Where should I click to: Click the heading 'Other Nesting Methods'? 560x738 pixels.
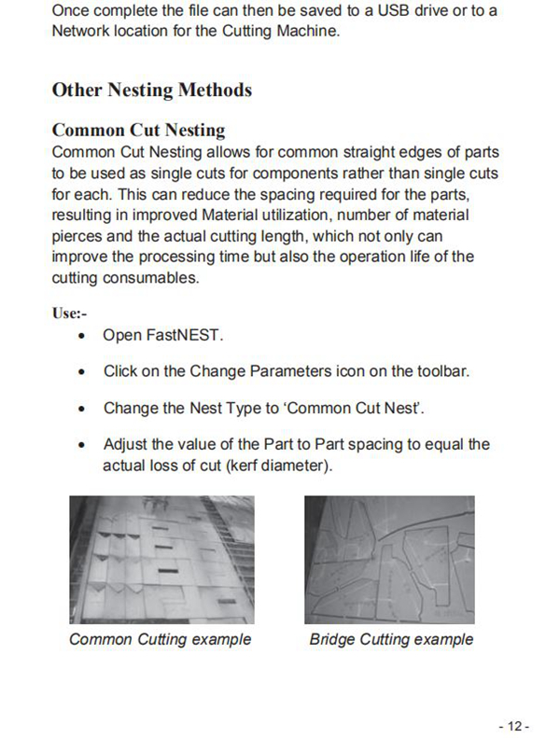151,90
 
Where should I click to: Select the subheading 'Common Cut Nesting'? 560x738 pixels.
138,130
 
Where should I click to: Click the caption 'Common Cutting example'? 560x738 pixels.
160,640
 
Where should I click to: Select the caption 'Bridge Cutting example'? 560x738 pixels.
391,640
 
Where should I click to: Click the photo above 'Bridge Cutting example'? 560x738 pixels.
389,559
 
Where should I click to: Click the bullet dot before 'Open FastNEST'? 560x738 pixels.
86,336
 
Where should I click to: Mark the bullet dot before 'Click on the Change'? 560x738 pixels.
86,371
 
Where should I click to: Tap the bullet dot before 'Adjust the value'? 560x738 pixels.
86,445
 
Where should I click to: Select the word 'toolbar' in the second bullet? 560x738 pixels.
438,371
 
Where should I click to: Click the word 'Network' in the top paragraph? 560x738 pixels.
82,32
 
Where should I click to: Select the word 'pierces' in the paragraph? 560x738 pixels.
77,236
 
